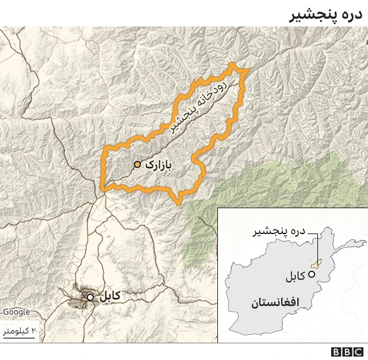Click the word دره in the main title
pyautogui.click(x=351, y=14)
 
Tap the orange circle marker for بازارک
pyautogui.click(x=137, y=164)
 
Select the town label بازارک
pyautogui.click(x=159, y=164)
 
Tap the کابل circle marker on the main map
pyautogui.click(x=90, y=297)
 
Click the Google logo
pyautogui.click(x=16, y=312)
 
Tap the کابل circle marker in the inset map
pyautogui.click(x=312, y=274)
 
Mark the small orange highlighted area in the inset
pyautogui.click(x=316, y=264)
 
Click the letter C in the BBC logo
pyautogui.click(x=358, y=352)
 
